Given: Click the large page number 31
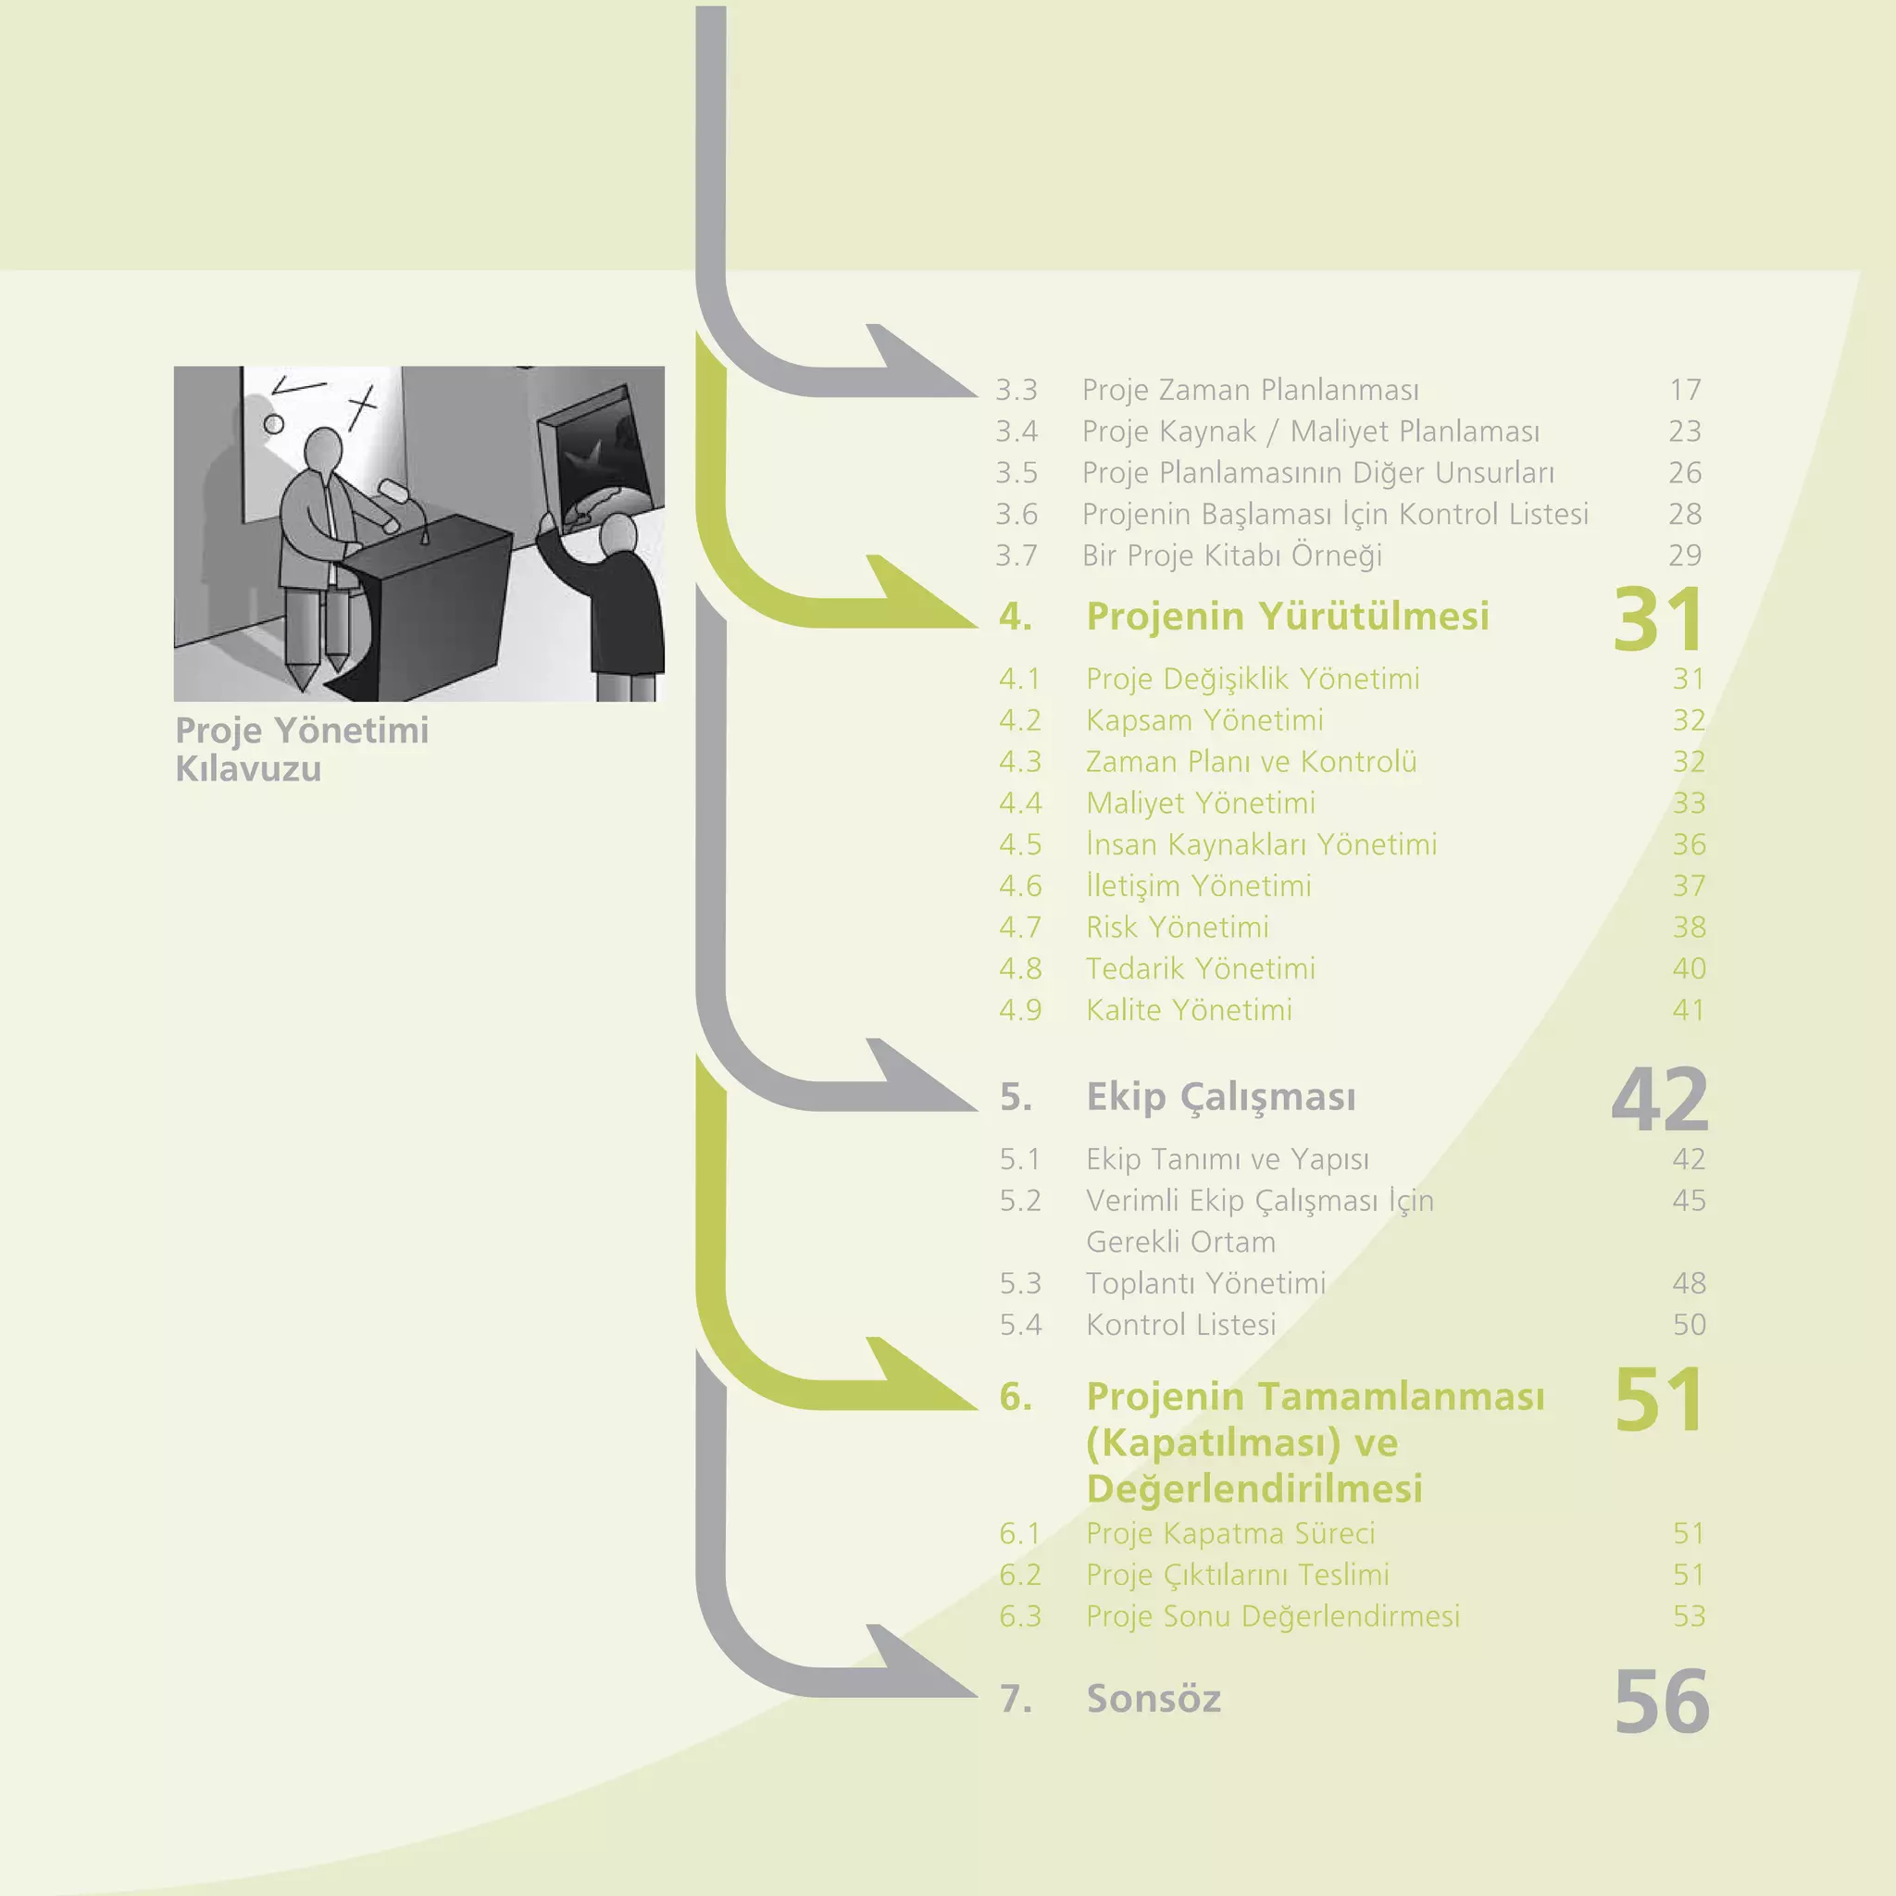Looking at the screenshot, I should (1657, 619).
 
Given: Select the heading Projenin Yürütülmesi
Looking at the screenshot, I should (1288, 617).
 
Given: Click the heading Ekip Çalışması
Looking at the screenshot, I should (1221, 1096).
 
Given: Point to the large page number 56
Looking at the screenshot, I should (1662, 1702).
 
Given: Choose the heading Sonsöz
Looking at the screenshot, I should (1154, 1699).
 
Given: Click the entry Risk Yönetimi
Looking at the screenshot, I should (1177, 928).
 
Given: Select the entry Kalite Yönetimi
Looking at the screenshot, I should (1189, 1010).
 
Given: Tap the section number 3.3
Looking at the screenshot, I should (1016, 390).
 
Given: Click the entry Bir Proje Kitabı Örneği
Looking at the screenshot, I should (1231, 555).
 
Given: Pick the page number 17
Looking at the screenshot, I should (1685, 390).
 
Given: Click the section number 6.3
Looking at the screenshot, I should (1019, 1616).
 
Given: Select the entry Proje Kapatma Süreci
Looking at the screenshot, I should (1229, 1533).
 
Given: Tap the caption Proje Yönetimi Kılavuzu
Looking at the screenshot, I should (301, 749).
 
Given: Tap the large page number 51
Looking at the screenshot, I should (1657, 1400).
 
